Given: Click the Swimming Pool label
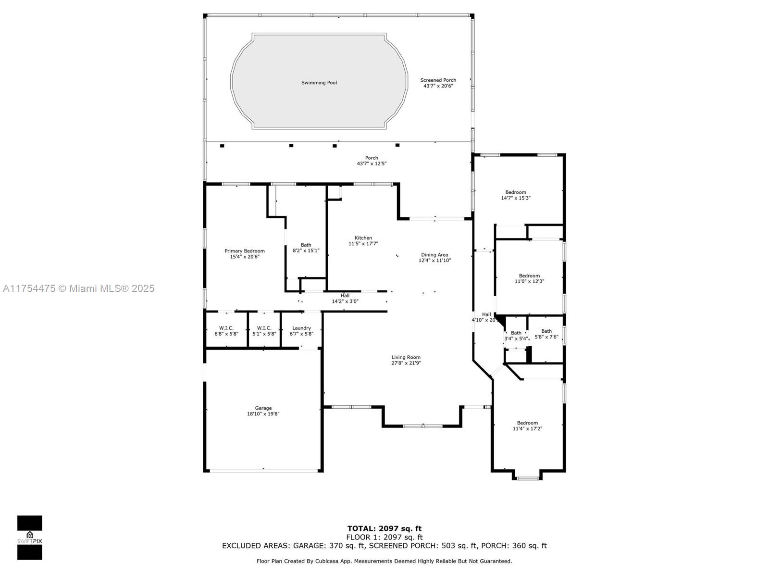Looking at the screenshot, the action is coord(319,83).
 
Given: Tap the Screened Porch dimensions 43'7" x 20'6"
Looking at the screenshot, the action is coord(438,86).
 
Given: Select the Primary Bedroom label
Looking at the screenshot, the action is coord(245,251).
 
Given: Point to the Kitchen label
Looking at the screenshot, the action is coord(363,238).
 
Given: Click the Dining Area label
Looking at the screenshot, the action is coord(434,255).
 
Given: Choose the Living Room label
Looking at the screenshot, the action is coord(406,357).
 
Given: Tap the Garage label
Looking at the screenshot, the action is coord(263,408).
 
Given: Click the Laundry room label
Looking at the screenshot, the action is coord(301,328).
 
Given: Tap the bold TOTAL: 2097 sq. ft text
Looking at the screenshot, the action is coord(384,528).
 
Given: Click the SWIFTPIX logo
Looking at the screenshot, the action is coord(30,538).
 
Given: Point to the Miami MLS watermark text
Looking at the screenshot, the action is coord(78,288).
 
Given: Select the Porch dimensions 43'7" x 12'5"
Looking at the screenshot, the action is coord(372,163).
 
